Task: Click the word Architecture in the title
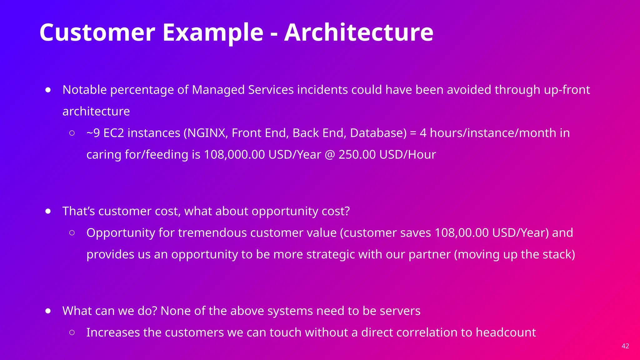[x=358, y=32]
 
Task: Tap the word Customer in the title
[x=97, y=32]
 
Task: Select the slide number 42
[x=625, y=346]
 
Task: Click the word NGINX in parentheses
[x=207, y=133]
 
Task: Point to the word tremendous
[x=212, y=233]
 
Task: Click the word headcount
[x=505, y=332]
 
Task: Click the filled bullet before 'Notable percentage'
[x=48, y=90]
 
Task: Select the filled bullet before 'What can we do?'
[x=48, y=311]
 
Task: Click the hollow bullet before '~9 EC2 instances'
[x=72, y=133]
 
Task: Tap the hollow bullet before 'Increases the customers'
[x=72, y=332]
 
